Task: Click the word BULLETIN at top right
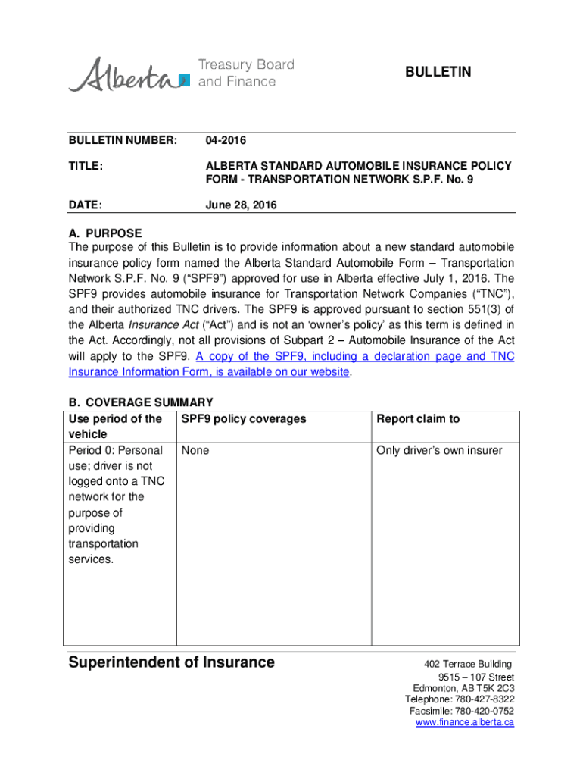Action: [x=438, y=72]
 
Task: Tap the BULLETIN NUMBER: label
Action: [x=123, y=140]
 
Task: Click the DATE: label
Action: [x=86, y=205]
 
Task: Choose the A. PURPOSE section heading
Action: [x=104, y=233]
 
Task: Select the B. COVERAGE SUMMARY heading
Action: [x=141, y=402]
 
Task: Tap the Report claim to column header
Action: [x=418, y=419]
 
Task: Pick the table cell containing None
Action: [x=195, y=451]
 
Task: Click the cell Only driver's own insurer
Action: [x=439, y=451]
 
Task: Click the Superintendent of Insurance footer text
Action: [x=172, y=662]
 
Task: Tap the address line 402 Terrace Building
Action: [x=468, y=665]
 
